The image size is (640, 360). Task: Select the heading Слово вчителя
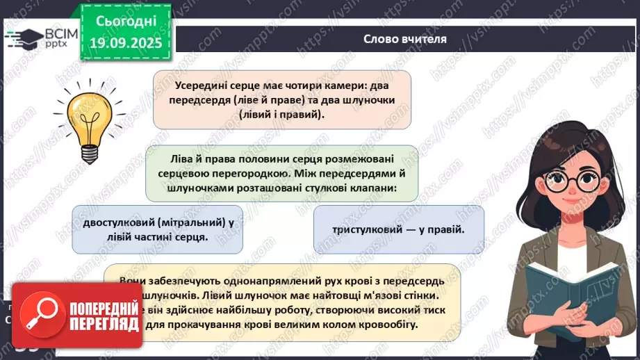(405, 39)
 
